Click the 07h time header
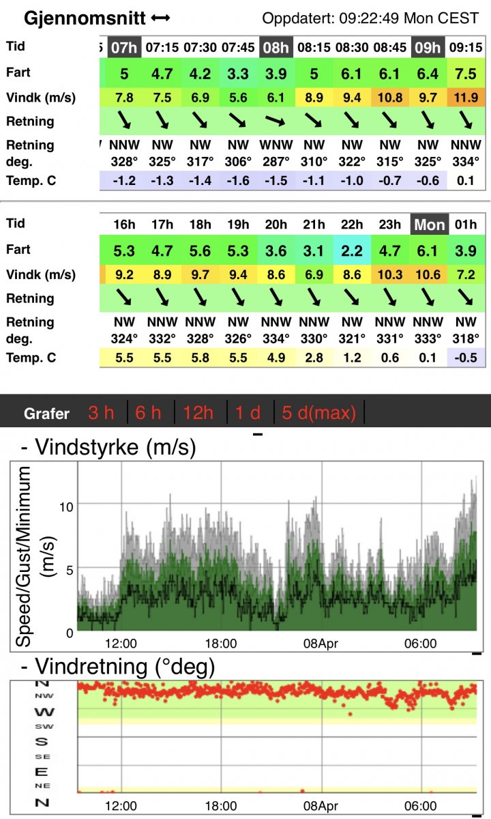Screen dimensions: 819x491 pyautogui.click(x=124, y=48)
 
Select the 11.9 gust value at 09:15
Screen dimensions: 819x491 pyautogui.click(x=466, y=98)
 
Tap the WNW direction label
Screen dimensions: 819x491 pyautogui.click(x=276, y=145)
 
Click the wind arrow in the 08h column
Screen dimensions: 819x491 pyautogui.click(x=276, y=121)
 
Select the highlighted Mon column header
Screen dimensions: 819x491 pyautogui.click(x=429, y=225)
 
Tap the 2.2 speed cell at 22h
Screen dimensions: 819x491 pyautogui.click(x=353, y=250)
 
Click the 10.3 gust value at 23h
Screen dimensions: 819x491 pyautogui.click(x=391, y=275)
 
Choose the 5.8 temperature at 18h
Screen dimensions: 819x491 pyautogui.click(x=200, y=358)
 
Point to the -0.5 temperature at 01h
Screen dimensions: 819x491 pyautogui.click(x=467, y=358)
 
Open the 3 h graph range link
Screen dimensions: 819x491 pyautogui.click(x=102, y=413)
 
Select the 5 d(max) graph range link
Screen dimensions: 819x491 pyautogui.click(x=319, y=413)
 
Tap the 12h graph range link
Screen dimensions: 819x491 pyautogui.click(x=198, y=413)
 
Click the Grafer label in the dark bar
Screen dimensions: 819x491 pyautogui.click(x=46, y=414)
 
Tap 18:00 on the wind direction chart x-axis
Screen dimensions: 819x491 pyautogui.click(x=221, y=806)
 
